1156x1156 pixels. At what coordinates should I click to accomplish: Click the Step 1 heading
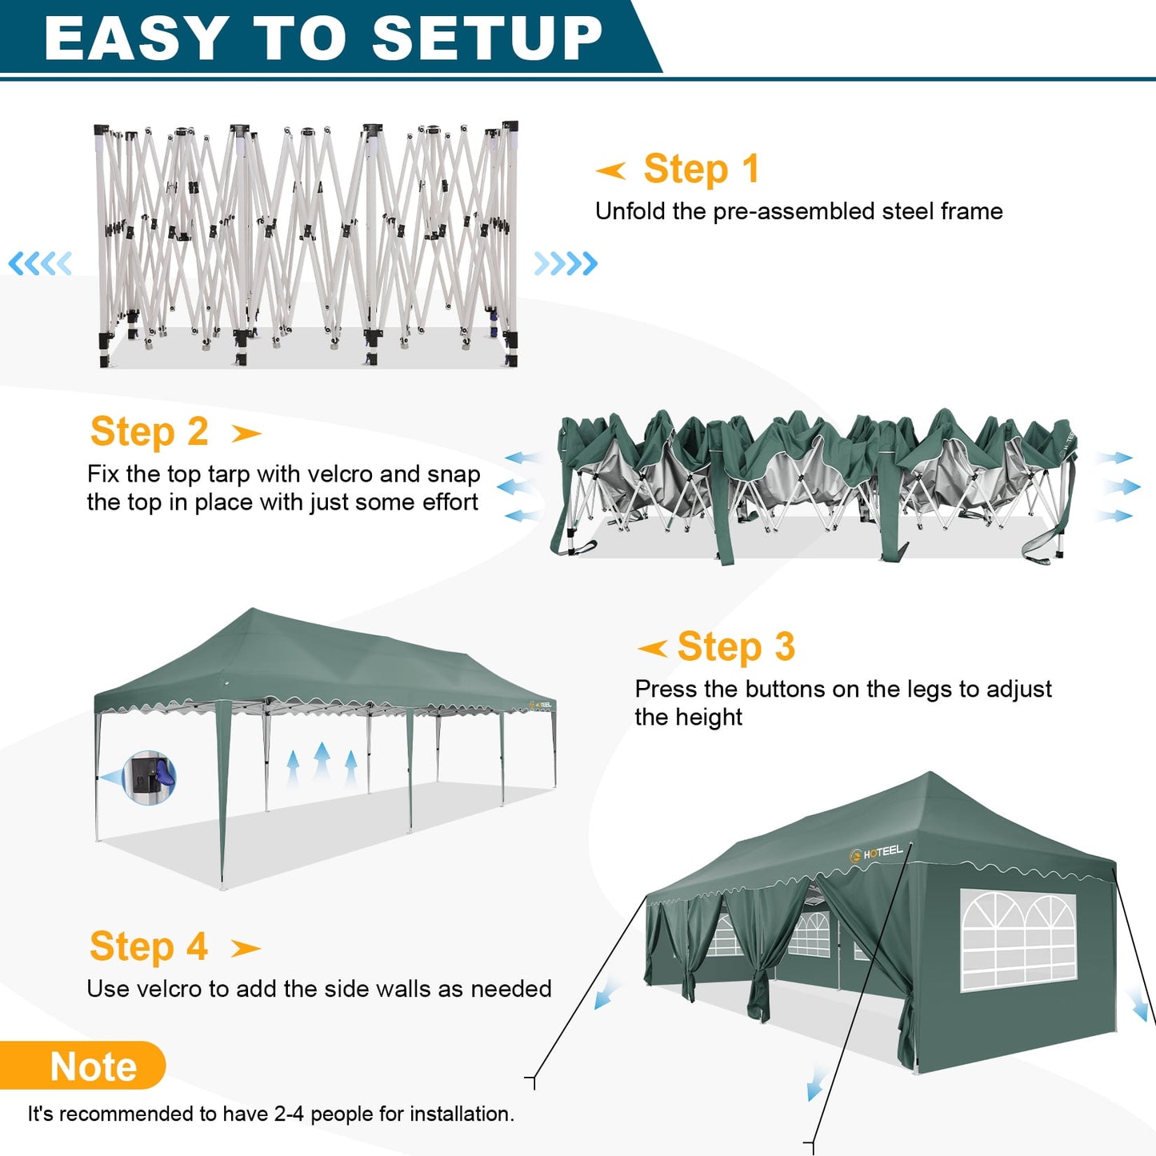click(x=701, y=169)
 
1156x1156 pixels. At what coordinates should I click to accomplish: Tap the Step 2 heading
click(x=150, y=432)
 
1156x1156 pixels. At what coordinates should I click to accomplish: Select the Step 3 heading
click(x=736, y=646)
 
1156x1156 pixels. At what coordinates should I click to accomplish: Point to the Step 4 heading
click(x=149, y=946)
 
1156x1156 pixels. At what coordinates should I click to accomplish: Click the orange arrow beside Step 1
click(x=611, y=170)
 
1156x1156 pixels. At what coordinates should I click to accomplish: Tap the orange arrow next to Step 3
click(x=653, y=648)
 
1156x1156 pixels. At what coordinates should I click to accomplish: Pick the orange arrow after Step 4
click(x=246, y=949)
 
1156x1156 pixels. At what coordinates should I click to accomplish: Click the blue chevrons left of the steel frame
click(x=40, y=263)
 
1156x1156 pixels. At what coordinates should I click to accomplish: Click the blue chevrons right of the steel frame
click(x=566, y=263)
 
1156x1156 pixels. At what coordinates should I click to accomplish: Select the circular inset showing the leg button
click(x=150, y=777)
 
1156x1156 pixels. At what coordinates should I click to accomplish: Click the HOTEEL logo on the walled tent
click(x=877, y=853)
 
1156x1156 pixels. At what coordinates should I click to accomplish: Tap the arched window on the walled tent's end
click(x=1018, y=941)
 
